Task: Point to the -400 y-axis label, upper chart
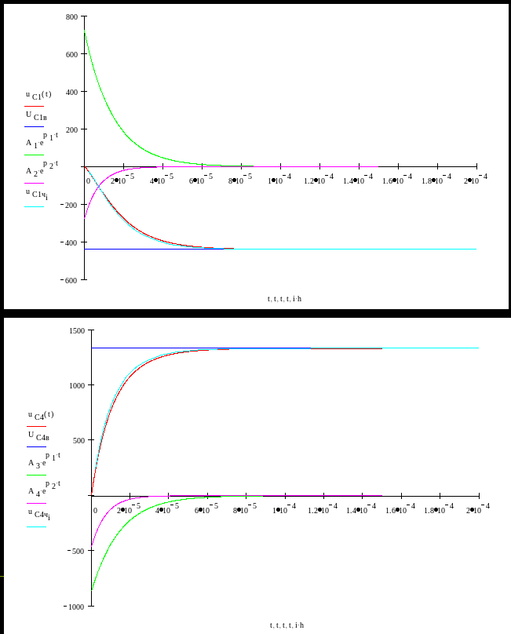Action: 71,242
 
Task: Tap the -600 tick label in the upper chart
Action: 71,279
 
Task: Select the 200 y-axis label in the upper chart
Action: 72,129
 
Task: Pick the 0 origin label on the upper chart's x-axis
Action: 86,180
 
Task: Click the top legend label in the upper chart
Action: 38,94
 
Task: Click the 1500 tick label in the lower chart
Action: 75,331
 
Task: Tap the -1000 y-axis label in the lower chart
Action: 74,607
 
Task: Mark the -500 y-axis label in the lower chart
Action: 76,552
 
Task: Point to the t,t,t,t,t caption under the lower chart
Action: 286,625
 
